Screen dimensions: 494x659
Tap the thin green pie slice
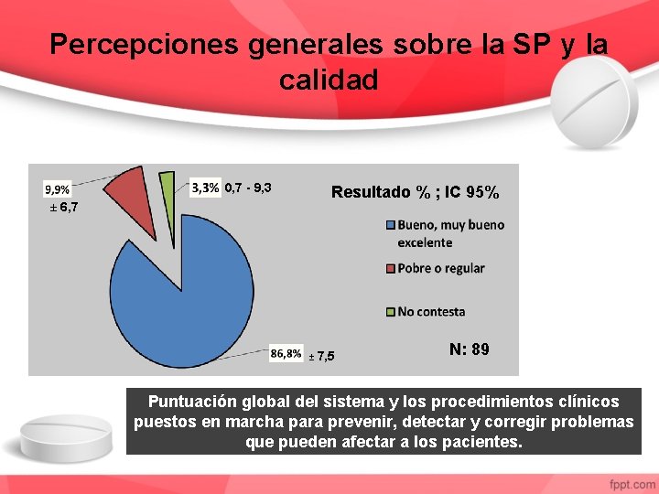(x=167, y=192)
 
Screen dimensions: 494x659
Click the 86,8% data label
(x=286, y=353)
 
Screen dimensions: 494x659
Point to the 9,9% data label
(x=57, y=189)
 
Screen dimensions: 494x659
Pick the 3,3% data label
(x=205, y=188)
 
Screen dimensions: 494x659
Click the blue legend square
(x=390, y=225)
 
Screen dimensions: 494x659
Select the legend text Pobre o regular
(x=440, y=268)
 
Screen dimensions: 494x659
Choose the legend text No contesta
(x=431, y=312)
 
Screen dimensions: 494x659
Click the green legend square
(x=390, y=312)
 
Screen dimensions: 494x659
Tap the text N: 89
(x=469, y=349)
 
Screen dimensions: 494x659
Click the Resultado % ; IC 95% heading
(x=415, y=192)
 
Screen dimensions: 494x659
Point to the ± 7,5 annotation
(x=321, y=356)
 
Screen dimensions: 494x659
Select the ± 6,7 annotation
(x=63, y=208)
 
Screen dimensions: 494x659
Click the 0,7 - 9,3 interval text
(x=248, y=188)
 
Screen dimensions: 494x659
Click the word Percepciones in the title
(x=145, y=45)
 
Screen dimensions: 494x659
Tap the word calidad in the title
(x=329, y=81)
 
